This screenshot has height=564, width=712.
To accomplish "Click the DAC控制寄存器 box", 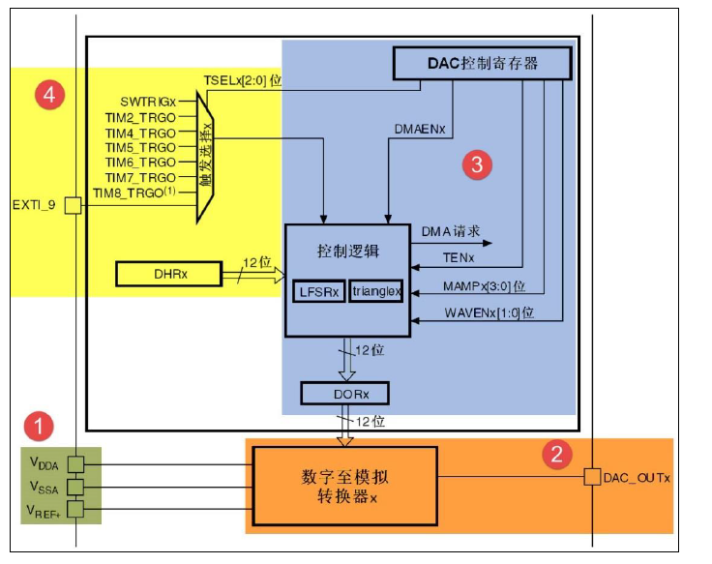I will [483, 63].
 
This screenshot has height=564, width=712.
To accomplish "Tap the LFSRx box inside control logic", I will [319, 291].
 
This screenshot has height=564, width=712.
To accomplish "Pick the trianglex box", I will [375, 291].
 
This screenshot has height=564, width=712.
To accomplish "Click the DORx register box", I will [344, 394].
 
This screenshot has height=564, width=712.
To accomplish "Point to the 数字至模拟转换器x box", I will [344, 486].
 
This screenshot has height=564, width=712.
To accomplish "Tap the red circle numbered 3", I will [475, 165].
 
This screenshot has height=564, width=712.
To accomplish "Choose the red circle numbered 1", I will [38, 425].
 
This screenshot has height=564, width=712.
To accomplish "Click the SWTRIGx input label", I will [147, 101].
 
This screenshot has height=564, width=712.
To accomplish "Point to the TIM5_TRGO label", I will [140, 147].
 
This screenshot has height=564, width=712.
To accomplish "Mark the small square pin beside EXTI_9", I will [73, 205].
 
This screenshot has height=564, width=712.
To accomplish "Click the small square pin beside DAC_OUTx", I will [591, 477].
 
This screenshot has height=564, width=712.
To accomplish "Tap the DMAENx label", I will [421, 128].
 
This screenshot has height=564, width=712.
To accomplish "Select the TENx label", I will [460, 258].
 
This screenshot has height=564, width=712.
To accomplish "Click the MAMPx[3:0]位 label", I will [484, 286].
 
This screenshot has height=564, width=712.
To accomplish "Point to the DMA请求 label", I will [451, 232].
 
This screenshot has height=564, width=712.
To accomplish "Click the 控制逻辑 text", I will [348, 251].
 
